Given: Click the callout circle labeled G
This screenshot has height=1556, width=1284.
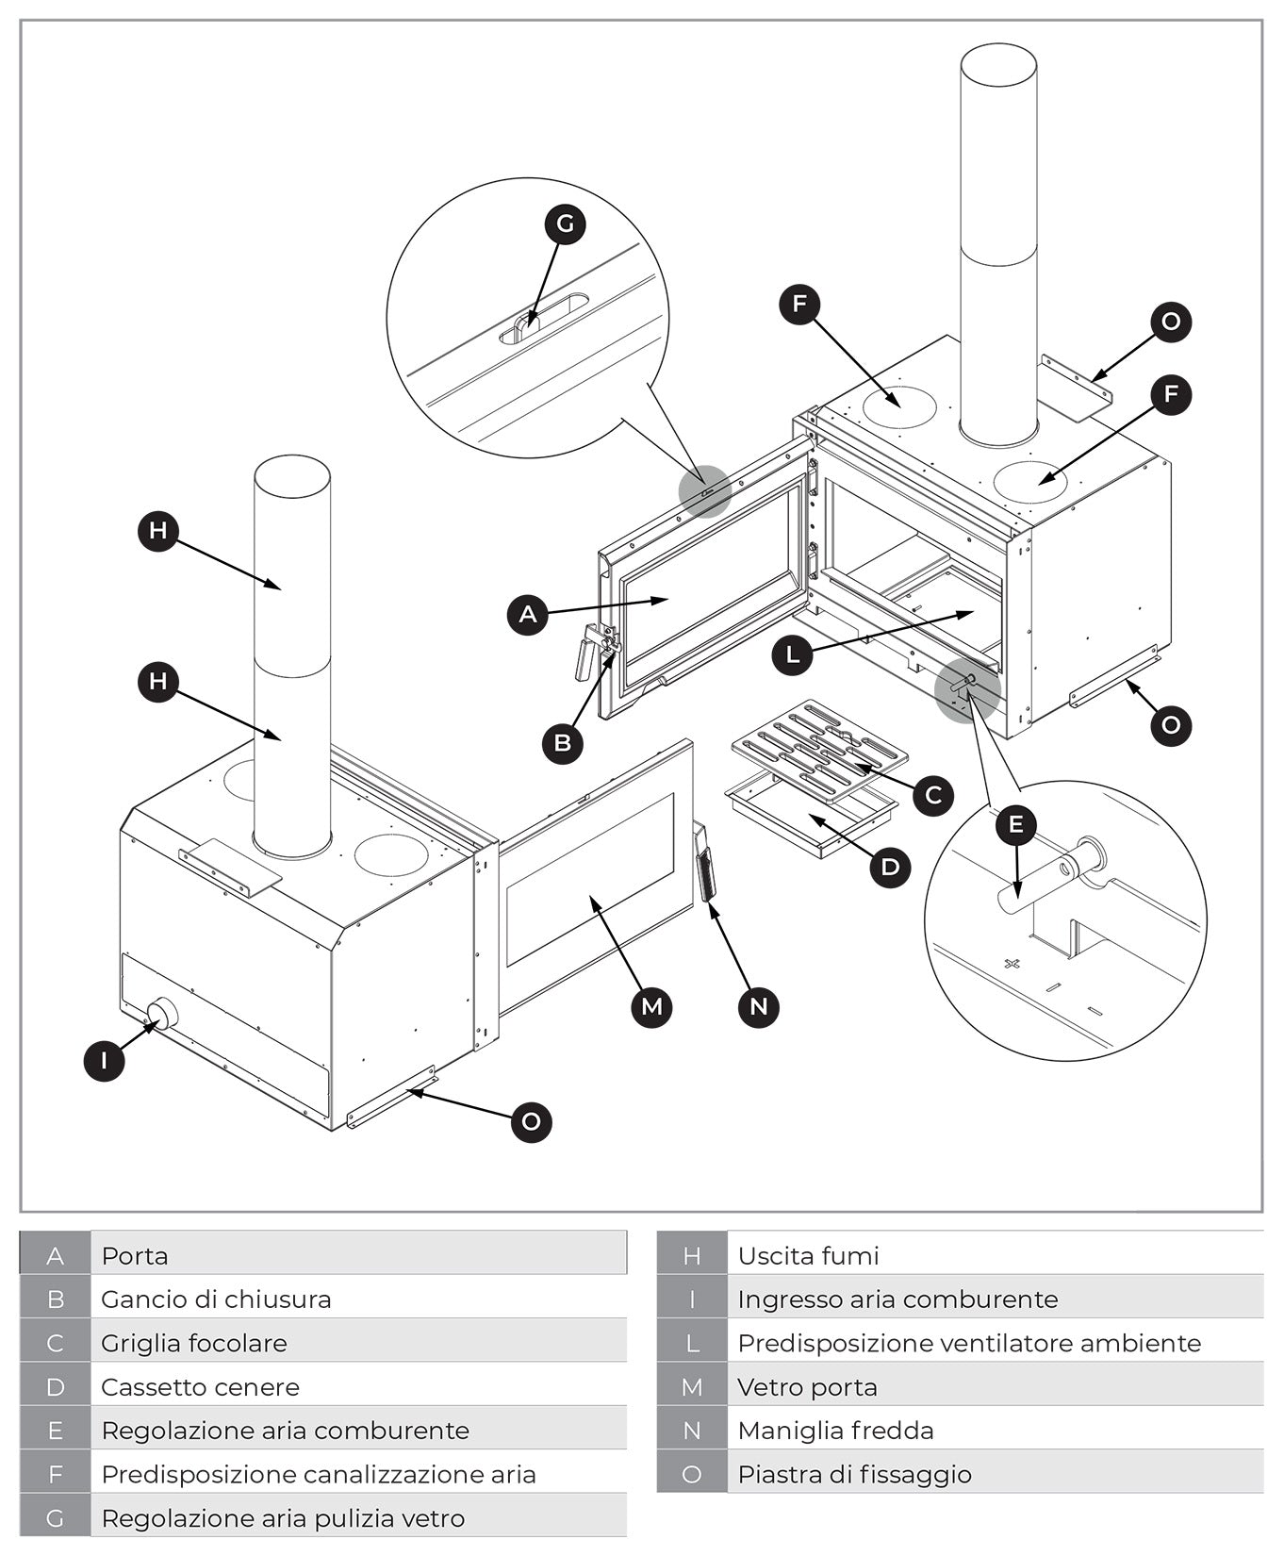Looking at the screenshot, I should click(x=565, y=223).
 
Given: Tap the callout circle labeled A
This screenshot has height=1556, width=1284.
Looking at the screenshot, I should click(x=527, y=615).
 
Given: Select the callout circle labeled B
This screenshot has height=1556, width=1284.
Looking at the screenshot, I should click(x=562, y=742).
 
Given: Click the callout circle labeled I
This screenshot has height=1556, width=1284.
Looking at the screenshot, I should click(x=104, y=1060).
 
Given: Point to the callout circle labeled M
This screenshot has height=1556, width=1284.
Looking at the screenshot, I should click(x=651, y=1006).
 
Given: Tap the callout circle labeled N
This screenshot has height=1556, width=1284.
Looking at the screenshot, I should click(x=758, y=1006).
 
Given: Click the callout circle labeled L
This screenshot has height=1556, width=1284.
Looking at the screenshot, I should click(x=792, y=654).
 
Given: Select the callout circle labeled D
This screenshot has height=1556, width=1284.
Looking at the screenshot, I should click(x=890, y=866).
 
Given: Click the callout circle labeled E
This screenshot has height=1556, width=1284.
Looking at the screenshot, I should click(x=1015, y=825).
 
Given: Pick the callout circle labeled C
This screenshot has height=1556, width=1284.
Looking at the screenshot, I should click(x=932, y=795).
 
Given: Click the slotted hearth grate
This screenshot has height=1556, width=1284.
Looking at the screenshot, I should click(x=818, y=750).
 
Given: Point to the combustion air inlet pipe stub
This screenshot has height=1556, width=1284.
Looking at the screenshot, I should click(x=162, y=1015).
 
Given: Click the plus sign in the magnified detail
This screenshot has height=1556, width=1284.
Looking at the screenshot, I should click(x=1012, y=964).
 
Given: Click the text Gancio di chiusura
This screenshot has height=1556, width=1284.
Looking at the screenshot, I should click(x=216, y=1299).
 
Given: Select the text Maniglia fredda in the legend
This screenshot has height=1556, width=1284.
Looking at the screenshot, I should click(x=835, y=1431).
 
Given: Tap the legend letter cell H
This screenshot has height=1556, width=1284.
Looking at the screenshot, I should click(x=691, y=1256).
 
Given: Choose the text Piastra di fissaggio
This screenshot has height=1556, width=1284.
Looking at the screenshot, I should click(x=854, y=1474).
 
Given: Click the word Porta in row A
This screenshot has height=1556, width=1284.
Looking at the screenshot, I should click(x=135, y=1256).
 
